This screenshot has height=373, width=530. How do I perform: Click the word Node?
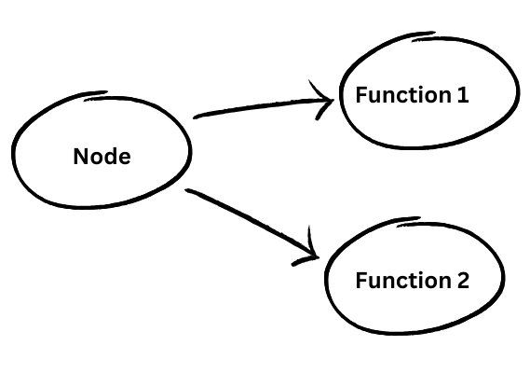click(102, 157)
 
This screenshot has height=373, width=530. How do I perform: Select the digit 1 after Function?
click(463, 95)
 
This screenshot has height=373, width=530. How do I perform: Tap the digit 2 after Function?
click(463, 281)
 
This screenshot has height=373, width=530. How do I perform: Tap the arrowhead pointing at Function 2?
click(312, 252)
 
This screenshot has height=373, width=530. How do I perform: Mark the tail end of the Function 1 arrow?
click(196, 117)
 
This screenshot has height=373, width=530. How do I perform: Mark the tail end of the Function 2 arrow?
click(189, 192)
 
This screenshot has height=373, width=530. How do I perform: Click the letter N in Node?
click(80, 157)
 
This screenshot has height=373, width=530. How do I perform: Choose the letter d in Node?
click(110, 157)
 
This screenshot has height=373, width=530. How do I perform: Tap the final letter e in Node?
click(124, 158)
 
